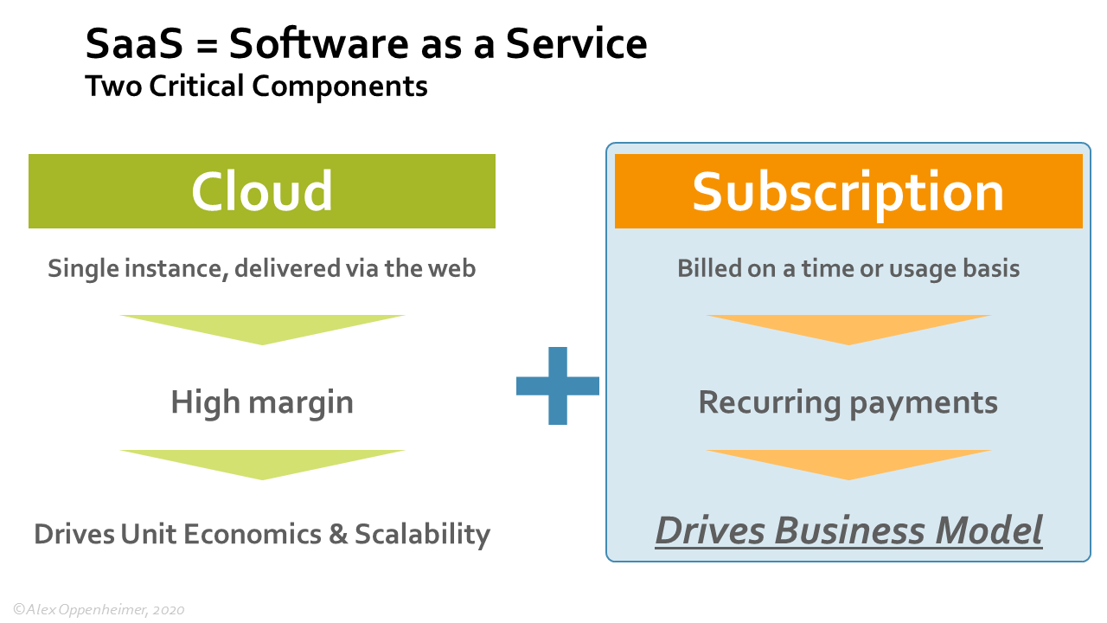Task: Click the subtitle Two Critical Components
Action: click(x=256, y=87)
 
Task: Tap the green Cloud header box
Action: click(x=261, y=191)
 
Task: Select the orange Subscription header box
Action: click(x=848, y=191)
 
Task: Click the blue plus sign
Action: click(x=558, y=386)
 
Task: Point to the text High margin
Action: click(x=261, y=402)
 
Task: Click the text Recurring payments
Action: click(x=848, y=402)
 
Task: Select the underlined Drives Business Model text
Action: click(x=848, y=530)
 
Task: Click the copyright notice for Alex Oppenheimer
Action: click(x=99, y=610)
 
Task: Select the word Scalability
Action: click(x=421, y=534)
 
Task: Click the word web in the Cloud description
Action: click(x=453, y=268)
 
